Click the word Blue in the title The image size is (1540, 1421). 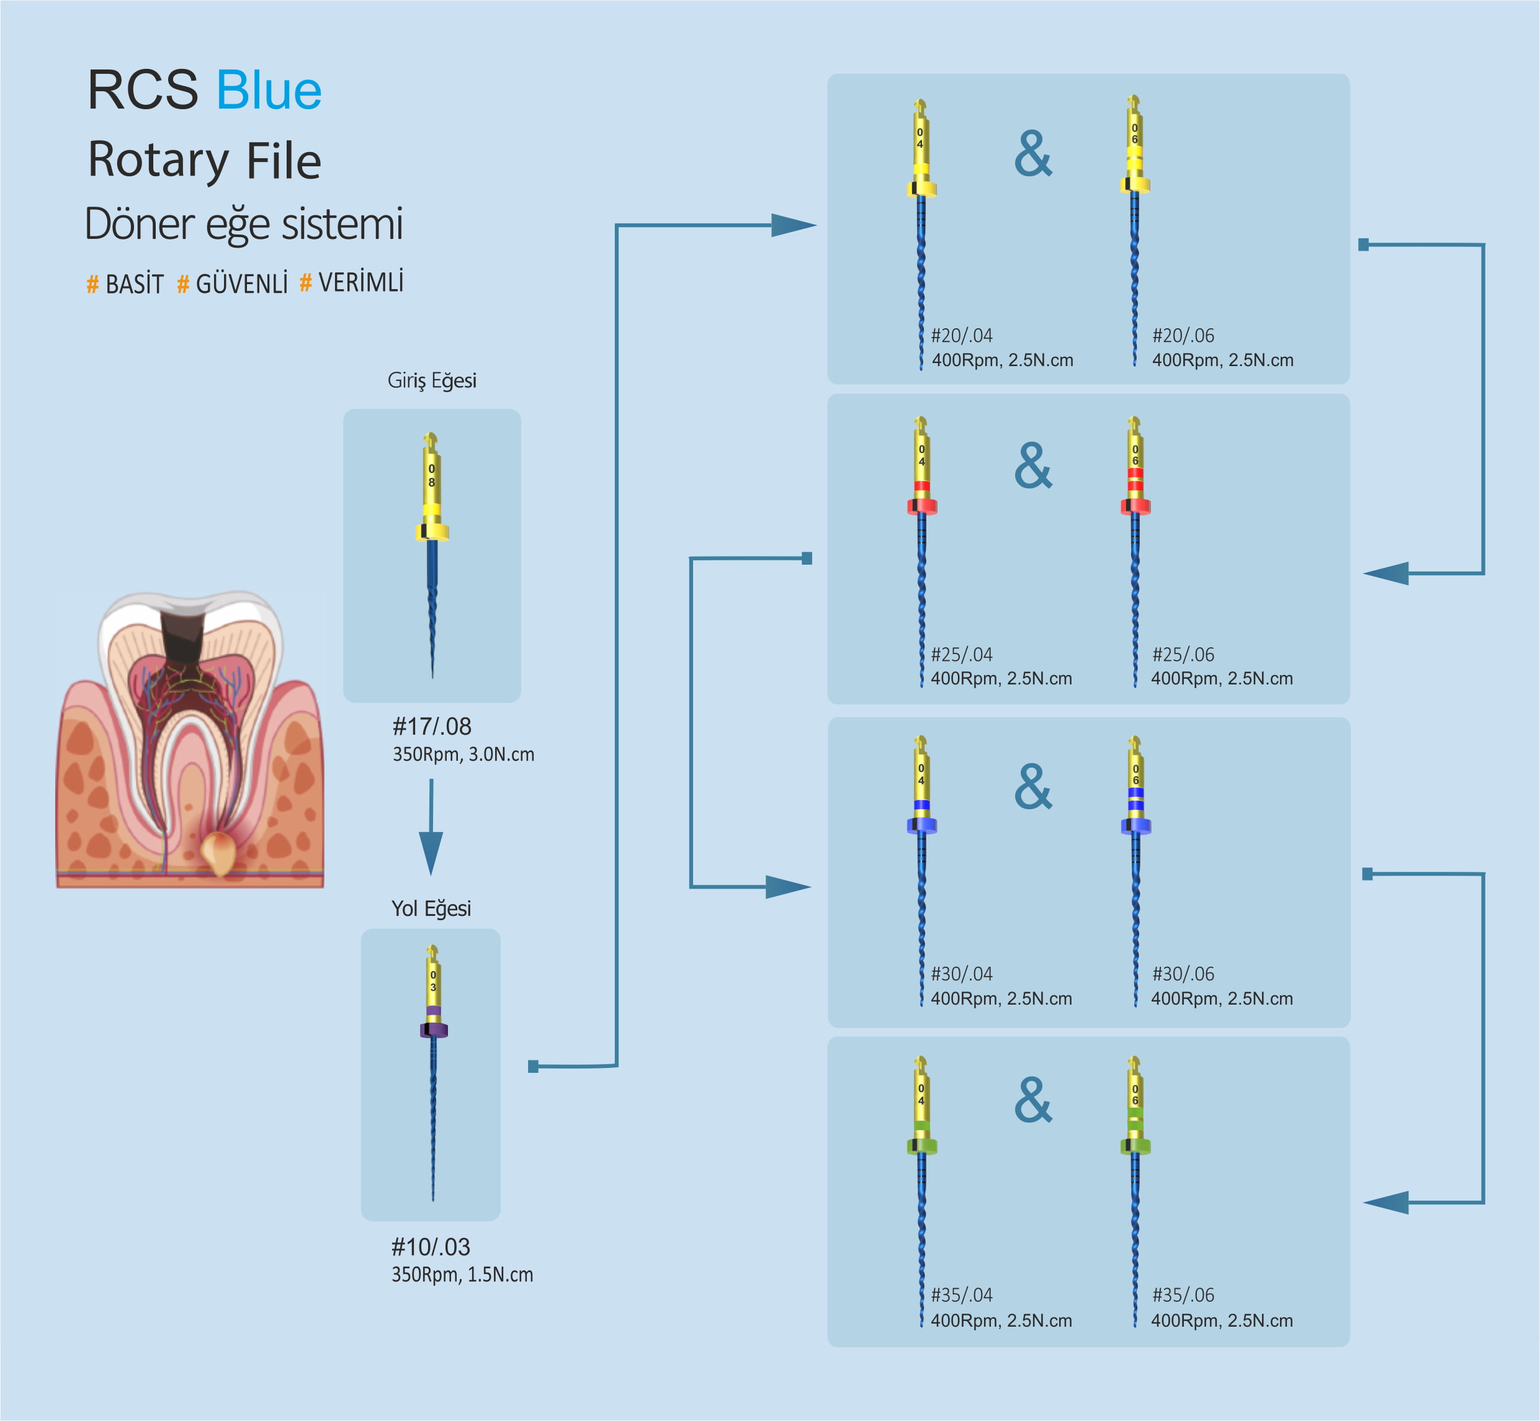pos(268,91)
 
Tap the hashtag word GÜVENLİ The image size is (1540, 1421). pos(241,284)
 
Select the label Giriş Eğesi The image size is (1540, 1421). pos(431,380)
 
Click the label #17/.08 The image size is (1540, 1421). pos(431,726)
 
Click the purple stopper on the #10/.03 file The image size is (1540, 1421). pos(434,1029)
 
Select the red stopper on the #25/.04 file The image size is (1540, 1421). pos(922,506)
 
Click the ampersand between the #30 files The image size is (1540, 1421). pos(1032,787)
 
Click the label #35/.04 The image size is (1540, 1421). pos(961,1295)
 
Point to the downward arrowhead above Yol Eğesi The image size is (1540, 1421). pos(431,852)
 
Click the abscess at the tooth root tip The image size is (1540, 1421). pos(218,852)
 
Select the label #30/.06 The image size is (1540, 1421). pos(1183,974)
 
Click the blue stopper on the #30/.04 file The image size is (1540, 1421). pos(922,825)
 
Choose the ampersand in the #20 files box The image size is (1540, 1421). pos(1032,154)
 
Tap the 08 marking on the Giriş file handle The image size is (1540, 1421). pos(431,475)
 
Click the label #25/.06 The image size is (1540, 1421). pos(1183,655)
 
